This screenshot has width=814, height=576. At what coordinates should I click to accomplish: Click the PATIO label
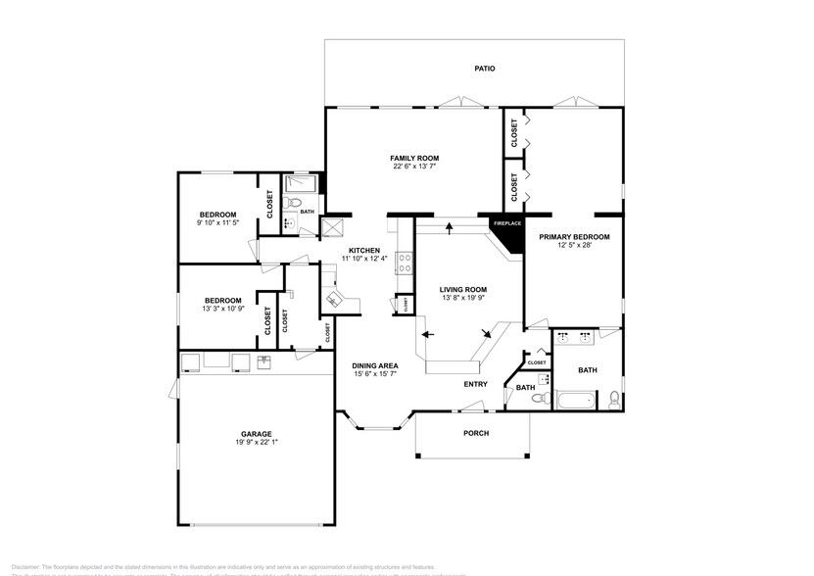[484, 69]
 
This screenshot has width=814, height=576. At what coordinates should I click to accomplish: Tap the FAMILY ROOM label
[413, 158]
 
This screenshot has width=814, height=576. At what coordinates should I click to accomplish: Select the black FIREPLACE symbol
[506, 224]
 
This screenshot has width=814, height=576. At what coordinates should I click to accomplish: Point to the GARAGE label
[257, 434]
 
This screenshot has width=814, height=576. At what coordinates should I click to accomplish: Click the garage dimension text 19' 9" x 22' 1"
[257, 443]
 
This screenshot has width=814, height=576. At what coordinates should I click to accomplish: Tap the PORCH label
[475, 433]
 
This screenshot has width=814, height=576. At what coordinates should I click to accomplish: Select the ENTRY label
[475, 384]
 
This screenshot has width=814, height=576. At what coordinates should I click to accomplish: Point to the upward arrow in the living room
[449, 229]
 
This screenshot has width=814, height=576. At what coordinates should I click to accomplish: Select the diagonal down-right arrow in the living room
[487, 335]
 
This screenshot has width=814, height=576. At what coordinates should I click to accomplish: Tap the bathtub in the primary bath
[575, 400]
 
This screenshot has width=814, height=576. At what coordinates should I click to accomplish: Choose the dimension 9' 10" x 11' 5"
[217, 223]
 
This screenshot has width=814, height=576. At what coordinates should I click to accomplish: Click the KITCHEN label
[363, 250]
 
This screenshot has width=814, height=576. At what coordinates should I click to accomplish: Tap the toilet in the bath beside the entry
[545, 383]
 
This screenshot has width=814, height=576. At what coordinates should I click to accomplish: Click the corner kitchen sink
[333, 299]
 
